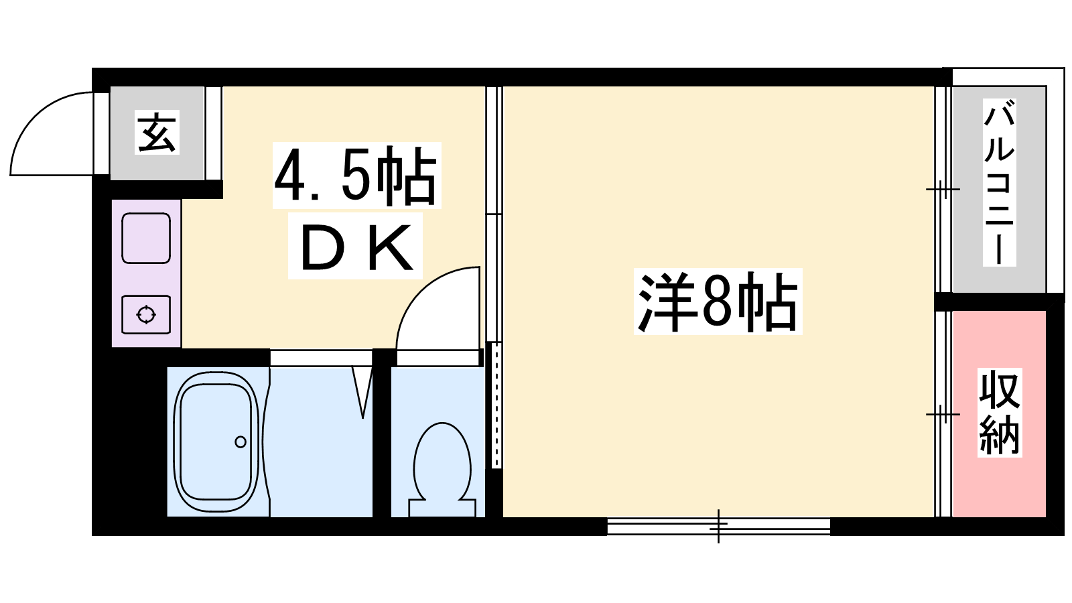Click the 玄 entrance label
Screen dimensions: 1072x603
point(157,132)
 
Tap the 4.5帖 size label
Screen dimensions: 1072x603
point(356,175)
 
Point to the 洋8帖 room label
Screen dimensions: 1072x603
point(718,301)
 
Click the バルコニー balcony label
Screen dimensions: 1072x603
point(999,182)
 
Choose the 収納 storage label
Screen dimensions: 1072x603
point(1000,413)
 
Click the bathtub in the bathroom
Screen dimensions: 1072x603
point(216,442)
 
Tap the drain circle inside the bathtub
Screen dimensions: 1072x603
point(241,442)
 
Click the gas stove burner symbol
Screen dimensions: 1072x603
point(146,315)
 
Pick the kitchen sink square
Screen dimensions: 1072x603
point(146,239)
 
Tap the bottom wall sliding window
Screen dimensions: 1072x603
point(718,526)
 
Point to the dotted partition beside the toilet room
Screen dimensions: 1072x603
point(496,405)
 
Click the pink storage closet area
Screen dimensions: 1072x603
point(999,414)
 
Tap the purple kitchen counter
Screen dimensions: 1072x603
point(147,273)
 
